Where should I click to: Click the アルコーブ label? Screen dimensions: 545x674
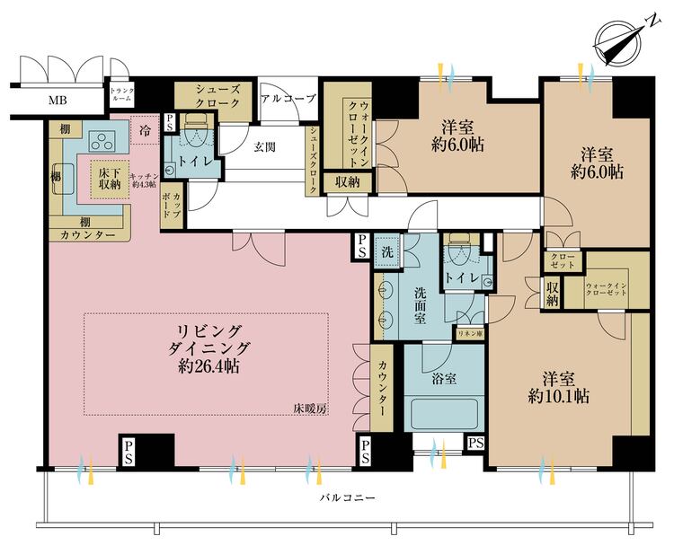click(x=288, y=99)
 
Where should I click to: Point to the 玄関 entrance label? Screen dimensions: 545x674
click(x=264, y=146)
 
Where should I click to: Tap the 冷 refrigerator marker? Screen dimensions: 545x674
click(x=146, y=129)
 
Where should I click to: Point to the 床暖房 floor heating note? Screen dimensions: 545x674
click(x=310, y=409)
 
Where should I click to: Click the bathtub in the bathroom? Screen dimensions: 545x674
click(x=444, y=416)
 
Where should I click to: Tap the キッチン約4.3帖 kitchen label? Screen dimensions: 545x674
click(x=144, y=181)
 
